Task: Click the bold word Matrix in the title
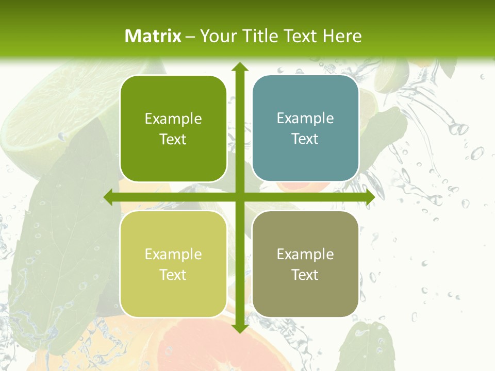coord(153,36)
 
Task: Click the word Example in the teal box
coord(305,118)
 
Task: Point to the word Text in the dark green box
coord(173,140)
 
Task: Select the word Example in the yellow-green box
coord(173,254)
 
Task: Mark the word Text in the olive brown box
coord(305,275)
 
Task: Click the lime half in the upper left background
coord(57,113)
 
